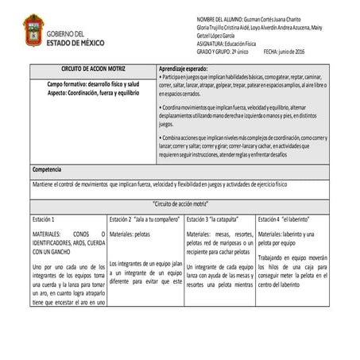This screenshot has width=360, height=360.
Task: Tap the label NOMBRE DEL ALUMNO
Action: point(219,19)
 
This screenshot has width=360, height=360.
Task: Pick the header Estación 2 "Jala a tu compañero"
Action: point(143,218)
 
